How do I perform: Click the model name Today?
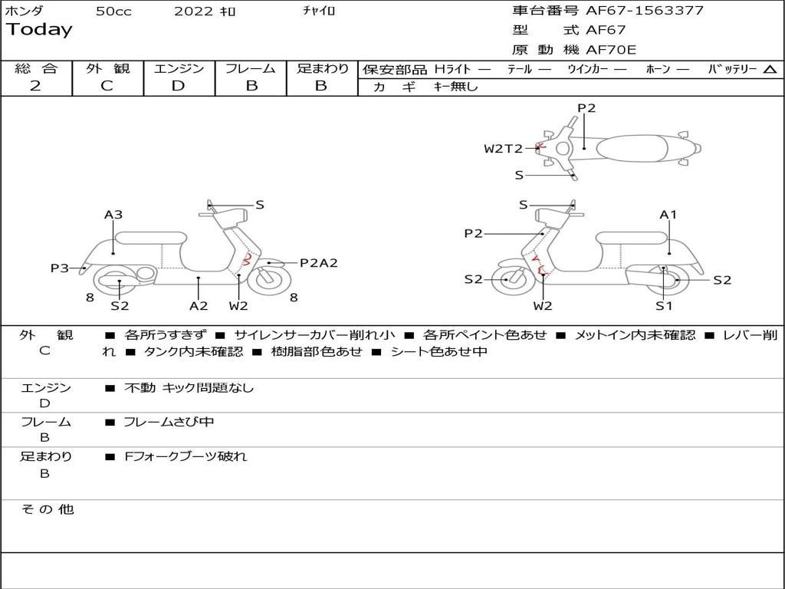[39, 30]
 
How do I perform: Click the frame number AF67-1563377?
[645, 11]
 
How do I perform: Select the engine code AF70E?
[611, 50]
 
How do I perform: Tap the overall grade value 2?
[35, 86]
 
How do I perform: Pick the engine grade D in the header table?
[178, 86]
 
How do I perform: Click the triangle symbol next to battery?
[770, 70]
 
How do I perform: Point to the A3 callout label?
[113, 215]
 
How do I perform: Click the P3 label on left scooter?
[60, 268]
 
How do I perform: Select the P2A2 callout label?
[318, 263]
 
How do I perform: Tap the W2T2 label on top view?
[503, 149]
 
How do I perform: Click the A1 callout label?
[668, 215]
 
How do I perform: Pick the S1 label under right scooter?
[664, 305]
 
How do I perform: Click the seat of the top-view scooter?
[632, 149]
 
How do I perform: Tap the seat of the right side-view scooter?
[632, 238]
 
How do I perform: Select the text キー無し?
[455, 87]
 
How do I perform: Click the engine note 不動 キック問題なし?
[189, 388]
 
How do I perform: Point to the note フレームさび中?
[169, 423]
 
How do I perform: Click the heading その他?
[48, 509]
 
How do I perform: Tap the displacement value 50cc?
[113, 11]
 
